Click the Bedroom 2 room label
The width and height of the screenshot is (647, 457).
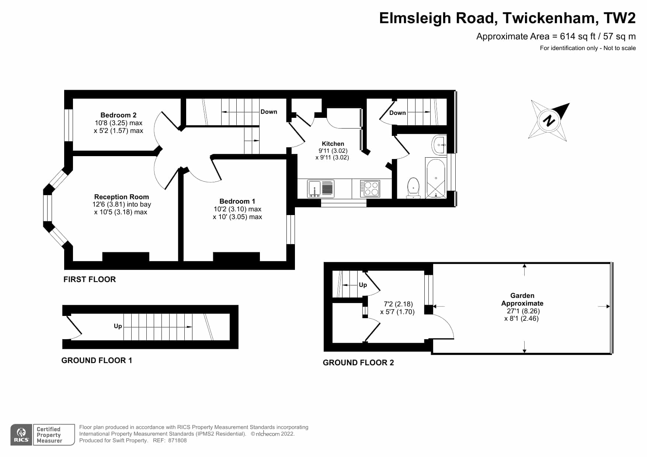tap(118, 115)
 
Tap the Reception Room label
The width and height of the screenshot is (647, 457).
tap(121, 197)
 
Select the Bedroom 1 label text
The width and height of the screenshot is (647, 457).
tap(237, 201)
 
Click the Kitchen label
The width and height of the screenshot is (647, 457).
tap(333, 144)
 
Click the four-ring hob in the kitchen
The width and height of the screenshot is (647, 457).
tap(370, 189)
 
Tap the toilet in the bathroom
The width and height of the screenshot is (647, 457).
tap(413, 188)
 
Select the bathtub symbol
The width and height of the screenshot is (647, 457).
tap(436, 178)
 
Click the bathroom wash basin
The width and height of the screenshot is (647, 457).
tap(439, 145)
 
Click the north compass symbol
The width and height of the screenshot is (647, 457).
tap(549, 120)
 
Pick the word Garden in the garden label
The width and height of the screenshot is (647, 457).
tap(522, 295)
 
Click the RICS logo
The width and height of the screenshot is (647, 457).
tap(21, 435)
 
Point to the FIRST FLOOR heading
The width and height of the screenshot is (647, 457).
tap(90, 280)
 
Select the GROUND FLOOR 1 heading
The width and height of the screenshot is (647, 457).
tap(97, 361)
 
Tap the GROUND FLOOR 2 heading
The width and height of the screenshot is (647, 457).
tap(358, 363)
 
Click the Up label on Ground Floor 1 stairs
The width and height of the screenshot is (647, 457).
tap(118, 326)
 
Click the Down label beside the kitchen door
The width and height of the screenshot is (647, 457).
tap(269, 112)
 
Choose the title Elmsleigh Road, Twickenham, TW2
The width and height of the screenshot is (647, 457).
tap(507, 18)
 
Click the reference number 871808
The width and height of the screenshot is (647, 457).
tap(177, 440)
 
